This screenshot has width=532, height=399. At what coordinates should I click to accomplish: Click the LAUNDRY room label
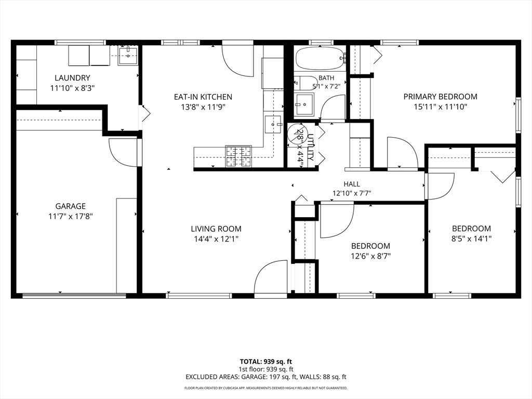[72, 78]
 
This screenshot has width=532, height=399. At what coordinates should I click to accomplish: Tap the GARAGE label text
[71, 206]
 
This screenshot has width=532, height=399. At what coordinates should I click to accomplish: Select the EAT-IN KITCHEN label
[203, 97]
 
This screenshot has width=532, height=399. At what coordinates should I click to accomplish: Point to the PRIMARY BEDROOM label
[441, 97]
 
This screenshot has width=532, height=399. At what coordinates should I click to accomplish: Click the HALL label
[352, 184]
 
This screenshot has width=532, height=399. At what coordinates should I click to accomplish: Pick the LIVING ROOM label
[216, 229]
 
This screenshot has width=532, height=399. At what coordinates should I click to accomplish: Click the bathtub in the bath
[320, 58]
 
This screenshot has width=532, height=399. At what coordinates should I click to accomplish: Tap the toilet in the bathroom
[305, 83]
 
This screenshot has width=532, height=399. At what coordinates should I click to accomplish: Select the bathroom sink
[304, 104]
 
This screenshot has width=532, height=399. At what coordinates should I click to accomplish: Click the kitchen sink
[273, 125]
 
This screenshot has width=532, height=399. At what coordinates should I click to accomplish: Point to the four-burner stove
[239, 156]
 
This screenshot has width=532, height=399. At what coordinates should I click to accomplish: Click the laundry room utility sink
[128, 56]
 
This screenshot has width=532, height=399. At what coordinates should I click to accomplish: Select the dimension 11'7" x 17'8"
[71, 216]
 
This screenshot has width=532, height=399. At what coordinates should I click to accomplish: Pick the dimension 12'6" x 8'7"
[370, 256]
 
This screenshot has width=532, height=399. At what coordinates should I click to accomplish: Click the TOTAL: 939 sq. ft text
[266, 362]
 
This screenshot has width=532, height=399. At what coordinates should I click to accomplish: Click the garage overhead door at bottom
[74, 296]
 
